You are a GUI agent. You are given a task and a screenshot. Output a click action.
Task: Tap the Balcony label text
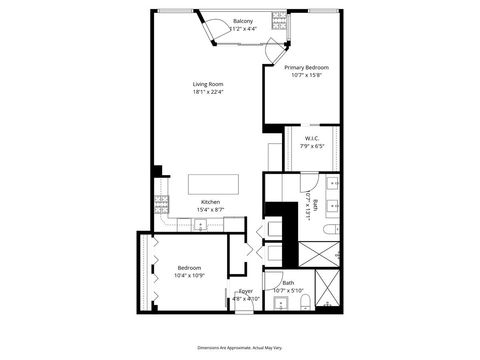[x=243, y=21]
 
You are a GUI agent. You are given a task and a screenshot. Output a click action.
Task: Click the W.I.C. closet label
[x=310, y=140]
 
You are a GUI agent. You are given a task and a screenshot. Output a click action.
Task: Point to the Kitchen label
[x=210, y=200]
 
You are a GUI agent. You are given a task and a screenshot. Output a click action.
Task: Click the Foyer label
[x=245, y=291]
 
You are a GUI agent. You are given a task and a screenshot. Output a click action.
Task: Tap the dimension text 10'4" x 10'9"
[x=190, y=276]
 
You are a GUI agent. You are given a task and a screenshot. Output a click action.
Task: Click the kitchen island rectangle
[x=216, y=184]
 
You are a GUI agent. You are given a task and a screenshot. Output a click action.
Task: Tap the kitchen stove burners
[x=160, y=205]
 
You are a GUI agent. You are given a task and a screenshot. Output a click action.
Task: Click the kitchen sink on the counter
[x=201, y=225]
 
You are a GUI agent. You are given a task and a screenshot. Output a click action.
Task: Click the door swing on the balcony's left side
[x=211, y=30]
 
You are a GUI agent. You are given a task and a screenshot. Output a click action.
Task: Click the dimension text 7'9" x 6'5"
[x=310, y=148]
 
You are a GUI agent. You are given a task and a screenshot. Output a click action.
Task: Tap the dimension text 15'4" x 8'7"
[x=210, y=209]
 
